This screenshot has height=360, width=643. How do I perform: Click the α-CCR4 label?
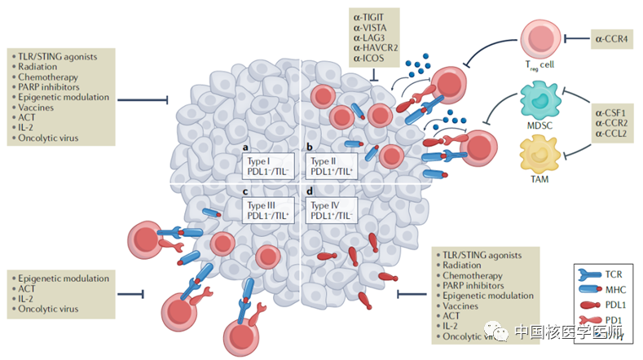coord(616,37)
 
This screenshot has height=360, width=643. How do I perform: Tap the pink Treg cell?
coord(541,42)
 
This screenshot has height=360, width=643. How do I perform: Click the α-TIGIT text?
coord(370,16)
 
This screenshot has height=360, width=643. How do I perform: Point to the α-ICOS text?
coord(368,59)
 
